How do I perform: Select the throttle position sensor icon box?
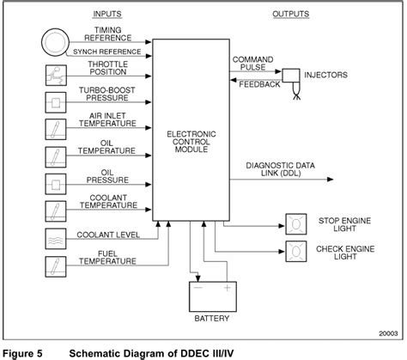pos(53,76)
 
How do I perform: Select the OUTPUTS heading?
pos(292,15)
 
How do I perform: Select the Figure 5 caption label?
pos(22,352)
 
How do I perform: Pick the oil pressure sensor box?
pos(53,184)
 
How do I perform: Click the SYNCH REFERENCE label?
pos(108,51)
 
